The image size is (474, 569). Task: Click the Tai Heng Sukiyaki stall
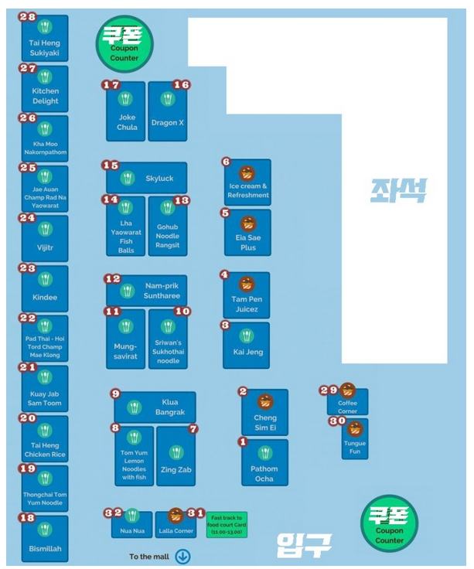point(45,39)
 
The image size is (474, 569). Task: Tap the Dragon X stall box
point(168,111)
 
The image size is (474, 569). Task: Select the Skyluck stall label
point(147,179)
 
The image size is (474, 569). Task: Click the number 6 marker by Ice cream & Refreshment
point(226,162)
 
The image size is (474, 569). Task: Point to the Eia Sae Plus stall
point(247,232)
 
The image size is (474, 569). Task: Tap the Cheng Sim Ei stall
point(264,413)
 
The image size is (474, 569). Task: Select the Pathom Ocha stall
point(264,463)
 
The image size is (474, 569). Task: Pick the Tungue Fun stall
point(355,438)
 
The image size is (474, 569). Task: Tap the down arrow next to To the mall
point(182,557)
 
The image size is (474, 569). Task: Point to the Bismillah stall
point(45,538)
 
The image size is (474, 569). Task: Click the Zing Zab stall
point(176,456)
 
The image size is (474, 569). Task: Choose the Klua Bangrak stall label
point(155,407)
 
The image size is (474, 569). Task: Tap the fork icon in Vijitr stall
point(46,229)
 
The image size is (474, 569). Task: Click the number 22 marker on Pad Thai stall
point(27,318)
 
